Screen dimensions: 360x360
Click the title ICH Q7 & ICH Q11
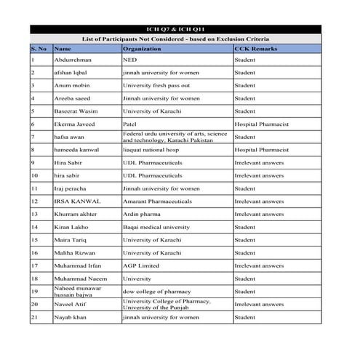click(x=179, y=29)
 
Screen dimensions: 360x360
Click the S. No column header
click(x=39, y=48)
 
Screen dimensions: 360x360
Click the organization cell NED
click(x=131, y=60)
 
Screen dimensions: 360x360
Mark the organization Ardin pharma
click(x=143, y=214)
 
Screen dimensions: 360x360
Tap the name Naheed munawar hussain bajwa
click(x=78, y=292)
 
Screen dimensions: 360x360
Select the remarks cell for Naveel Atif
click(x=259, y=304)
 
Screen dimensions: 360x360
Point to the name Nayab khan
click(x=70, y=317)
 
